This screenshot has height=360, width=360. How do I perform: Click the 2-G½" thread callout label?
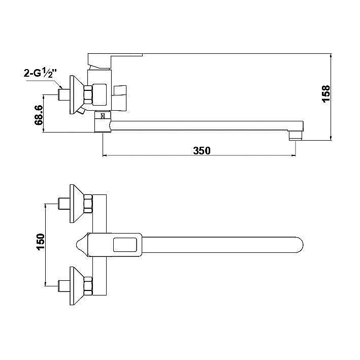40,73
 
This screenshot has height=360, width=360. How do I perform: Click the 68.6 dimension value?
39,115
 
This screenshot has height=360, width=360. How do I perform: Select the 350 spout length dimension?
202,151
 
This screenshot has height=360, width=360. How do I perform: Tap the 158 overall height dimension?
326,93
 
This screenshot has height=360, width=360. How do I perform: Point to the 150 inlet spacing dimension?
41,242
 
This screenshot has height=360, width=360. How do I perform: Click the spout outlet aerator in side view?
295,135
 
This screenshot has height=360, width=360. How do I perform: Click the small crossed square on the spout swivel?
103,115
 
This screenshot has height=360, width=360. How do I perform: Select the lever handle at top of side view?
115,61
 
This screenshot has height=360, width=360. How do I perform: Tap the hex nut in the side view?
88,94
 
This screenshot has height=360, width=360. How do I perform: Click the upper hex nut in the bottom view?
88,204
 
